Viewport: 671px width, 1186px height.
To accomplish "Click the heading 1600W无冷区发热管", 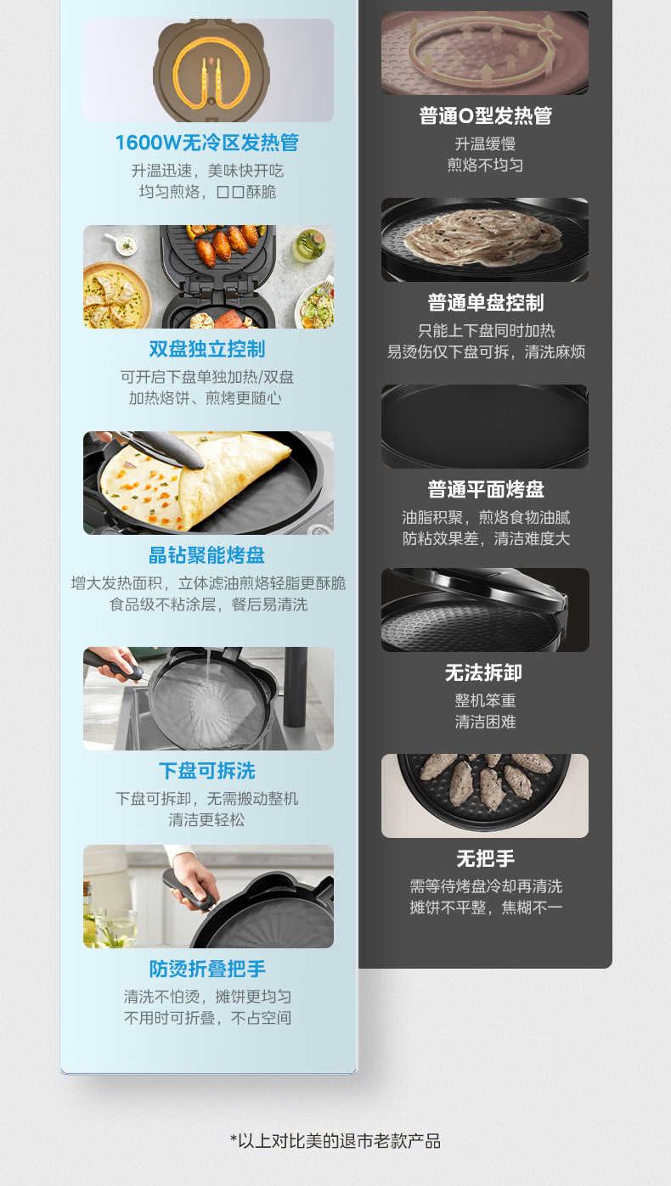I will pos(207,143).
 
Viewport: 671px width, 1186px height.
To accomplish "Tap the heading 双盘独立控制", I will pos(207,349).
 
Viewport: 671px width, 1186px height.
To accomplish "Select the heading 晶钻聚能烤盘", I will pos(207,555).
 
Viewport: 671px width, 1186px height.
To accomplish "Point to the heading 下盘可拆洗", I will pos(207,771).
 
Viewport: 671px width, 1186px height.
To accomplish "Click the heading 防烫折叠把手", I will pos(207,969).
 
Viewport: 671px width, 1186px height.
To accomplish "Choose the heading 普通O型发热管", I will pos(485,116).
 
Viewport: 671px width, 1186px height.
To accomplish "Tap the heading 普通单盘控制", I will pos(485,303).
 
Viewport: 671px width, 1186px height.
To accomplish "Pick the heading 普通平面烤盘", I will pos(485,490).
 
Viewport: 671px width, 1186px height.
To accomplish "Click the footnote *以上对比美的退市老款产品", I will pos(335,1140).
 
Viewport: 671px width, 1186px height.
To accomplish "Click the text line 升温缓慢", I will pos(485,144).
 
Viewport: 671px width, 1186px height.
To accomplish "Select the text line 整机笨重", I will pos(485,701).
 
